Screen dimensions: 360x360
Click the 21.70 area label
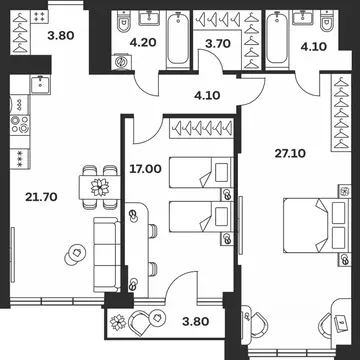coord(41,197)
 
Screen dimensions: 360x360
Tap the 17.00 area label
coord(145,169)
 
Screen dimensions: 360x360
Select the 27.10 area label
coord(290,154)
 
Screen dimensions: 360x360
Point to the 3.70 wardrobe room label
coord(218,44)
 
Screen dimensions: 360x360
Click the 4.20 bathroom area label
coord(144,43)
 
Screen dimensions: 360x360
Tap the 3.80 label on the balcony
coord(196,321)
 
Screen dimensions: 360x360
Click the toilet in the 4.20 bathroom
coord(122,21)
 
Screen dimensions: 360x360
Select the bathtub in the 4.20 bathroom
coord(178,38)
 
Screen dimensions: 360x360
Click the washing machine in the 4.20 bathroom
coord(121,62)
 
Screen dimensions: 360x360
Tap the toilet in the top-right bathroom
coord(326,21)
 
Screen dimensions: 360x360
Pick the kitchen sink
coord(40,84)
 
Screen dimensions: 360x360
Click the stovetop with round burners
coord(20,125)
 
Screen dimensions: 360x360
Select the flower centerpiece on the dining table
coord(100,187)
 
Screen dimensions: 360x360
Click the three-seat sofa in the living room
coord(107,255)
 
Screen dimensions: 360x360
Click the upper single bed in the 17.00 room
coord(201,172)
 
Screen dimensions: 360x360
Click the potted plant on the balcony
coord(118,322)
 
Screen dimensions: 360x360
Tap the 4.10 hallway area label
coord(207,96)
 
